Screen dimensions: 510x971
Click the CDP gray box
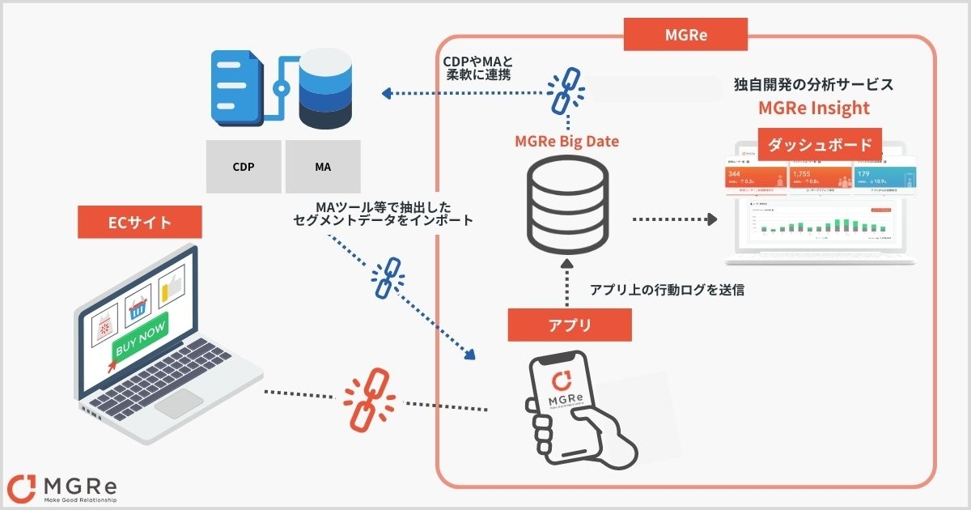(244, 167)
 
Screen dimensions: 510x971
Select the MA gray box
(322, 167)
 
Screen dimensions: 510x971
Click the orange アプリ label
(570, 325)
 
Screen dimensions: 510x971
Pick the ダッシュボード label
(819, 145)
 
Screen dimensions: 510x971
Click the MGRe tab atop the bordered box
(686, 33)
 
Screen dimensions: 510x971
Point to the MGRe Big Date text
(566, 142)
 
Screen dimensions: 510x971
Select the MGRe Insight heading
(813, 108)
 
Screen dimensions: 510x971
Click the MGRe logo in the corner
(61, 487)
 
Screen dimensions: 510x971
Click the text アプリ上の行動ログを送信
(667, 290)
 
